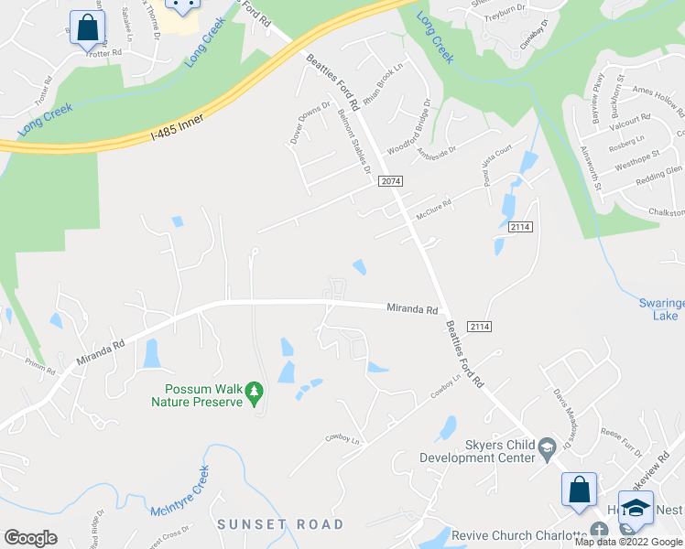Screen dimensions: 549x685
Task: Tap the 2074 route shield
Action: (x=390, y=181)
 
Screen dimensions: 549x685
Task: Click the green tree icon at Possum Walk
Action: (x=255, y=394)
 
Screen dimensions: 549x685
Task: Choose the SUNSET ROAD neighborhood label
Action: (x=279, y=524)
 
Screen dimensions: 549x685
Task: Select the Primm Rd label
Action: (x=41, y=365)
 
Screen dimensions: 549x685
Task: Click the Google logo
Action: (x=31, y=538)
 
